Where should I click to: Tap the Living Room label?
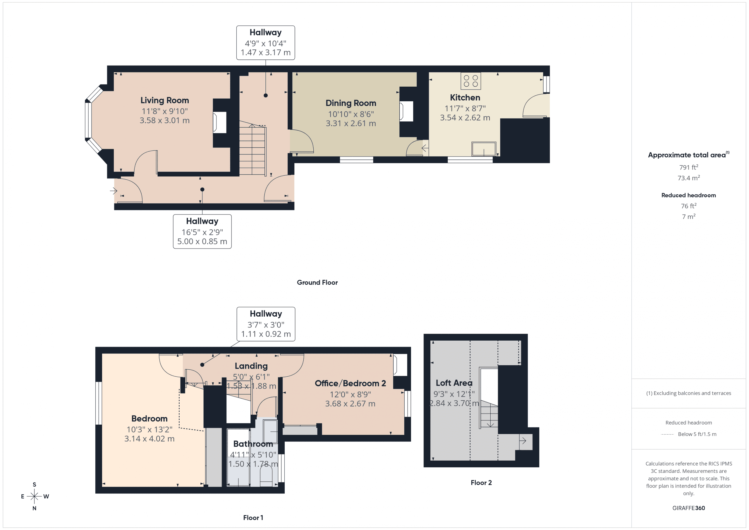coord(164,100)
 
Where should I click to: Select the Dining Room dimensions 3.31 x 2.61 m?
coord(351,124)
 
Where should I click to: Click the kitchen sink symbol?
coord(483,149)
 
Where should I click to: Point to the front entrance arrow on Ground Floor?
coord(114,191)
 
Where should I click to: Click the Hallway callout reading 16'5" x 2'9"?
coord(202,231)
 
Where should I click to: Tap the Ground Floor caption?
coord(317,283)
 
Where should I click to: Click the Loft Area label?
coord(454,383)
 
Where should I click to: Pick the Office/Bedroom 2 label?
coord(350,383)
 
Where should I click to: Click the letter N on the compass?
coord(34,508)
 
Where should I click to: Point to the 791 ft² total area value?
coord(688,167)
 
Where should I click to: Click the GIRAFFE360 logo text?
coord(688,508)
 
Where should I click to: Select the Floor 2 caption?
coord(481,483)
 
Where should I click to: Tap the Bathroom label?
coord(253,444)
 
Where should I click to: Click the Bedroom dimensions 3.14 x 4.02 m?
coord(149,439)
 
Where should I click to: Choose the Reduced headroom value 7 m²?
coord(688,217)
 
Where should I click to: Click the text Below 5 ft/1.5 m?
coord(697,434)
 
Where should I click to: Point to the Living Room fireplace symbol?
coord(219,122)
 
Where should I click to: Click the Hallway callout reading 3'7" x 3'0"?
coord(266,324)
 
